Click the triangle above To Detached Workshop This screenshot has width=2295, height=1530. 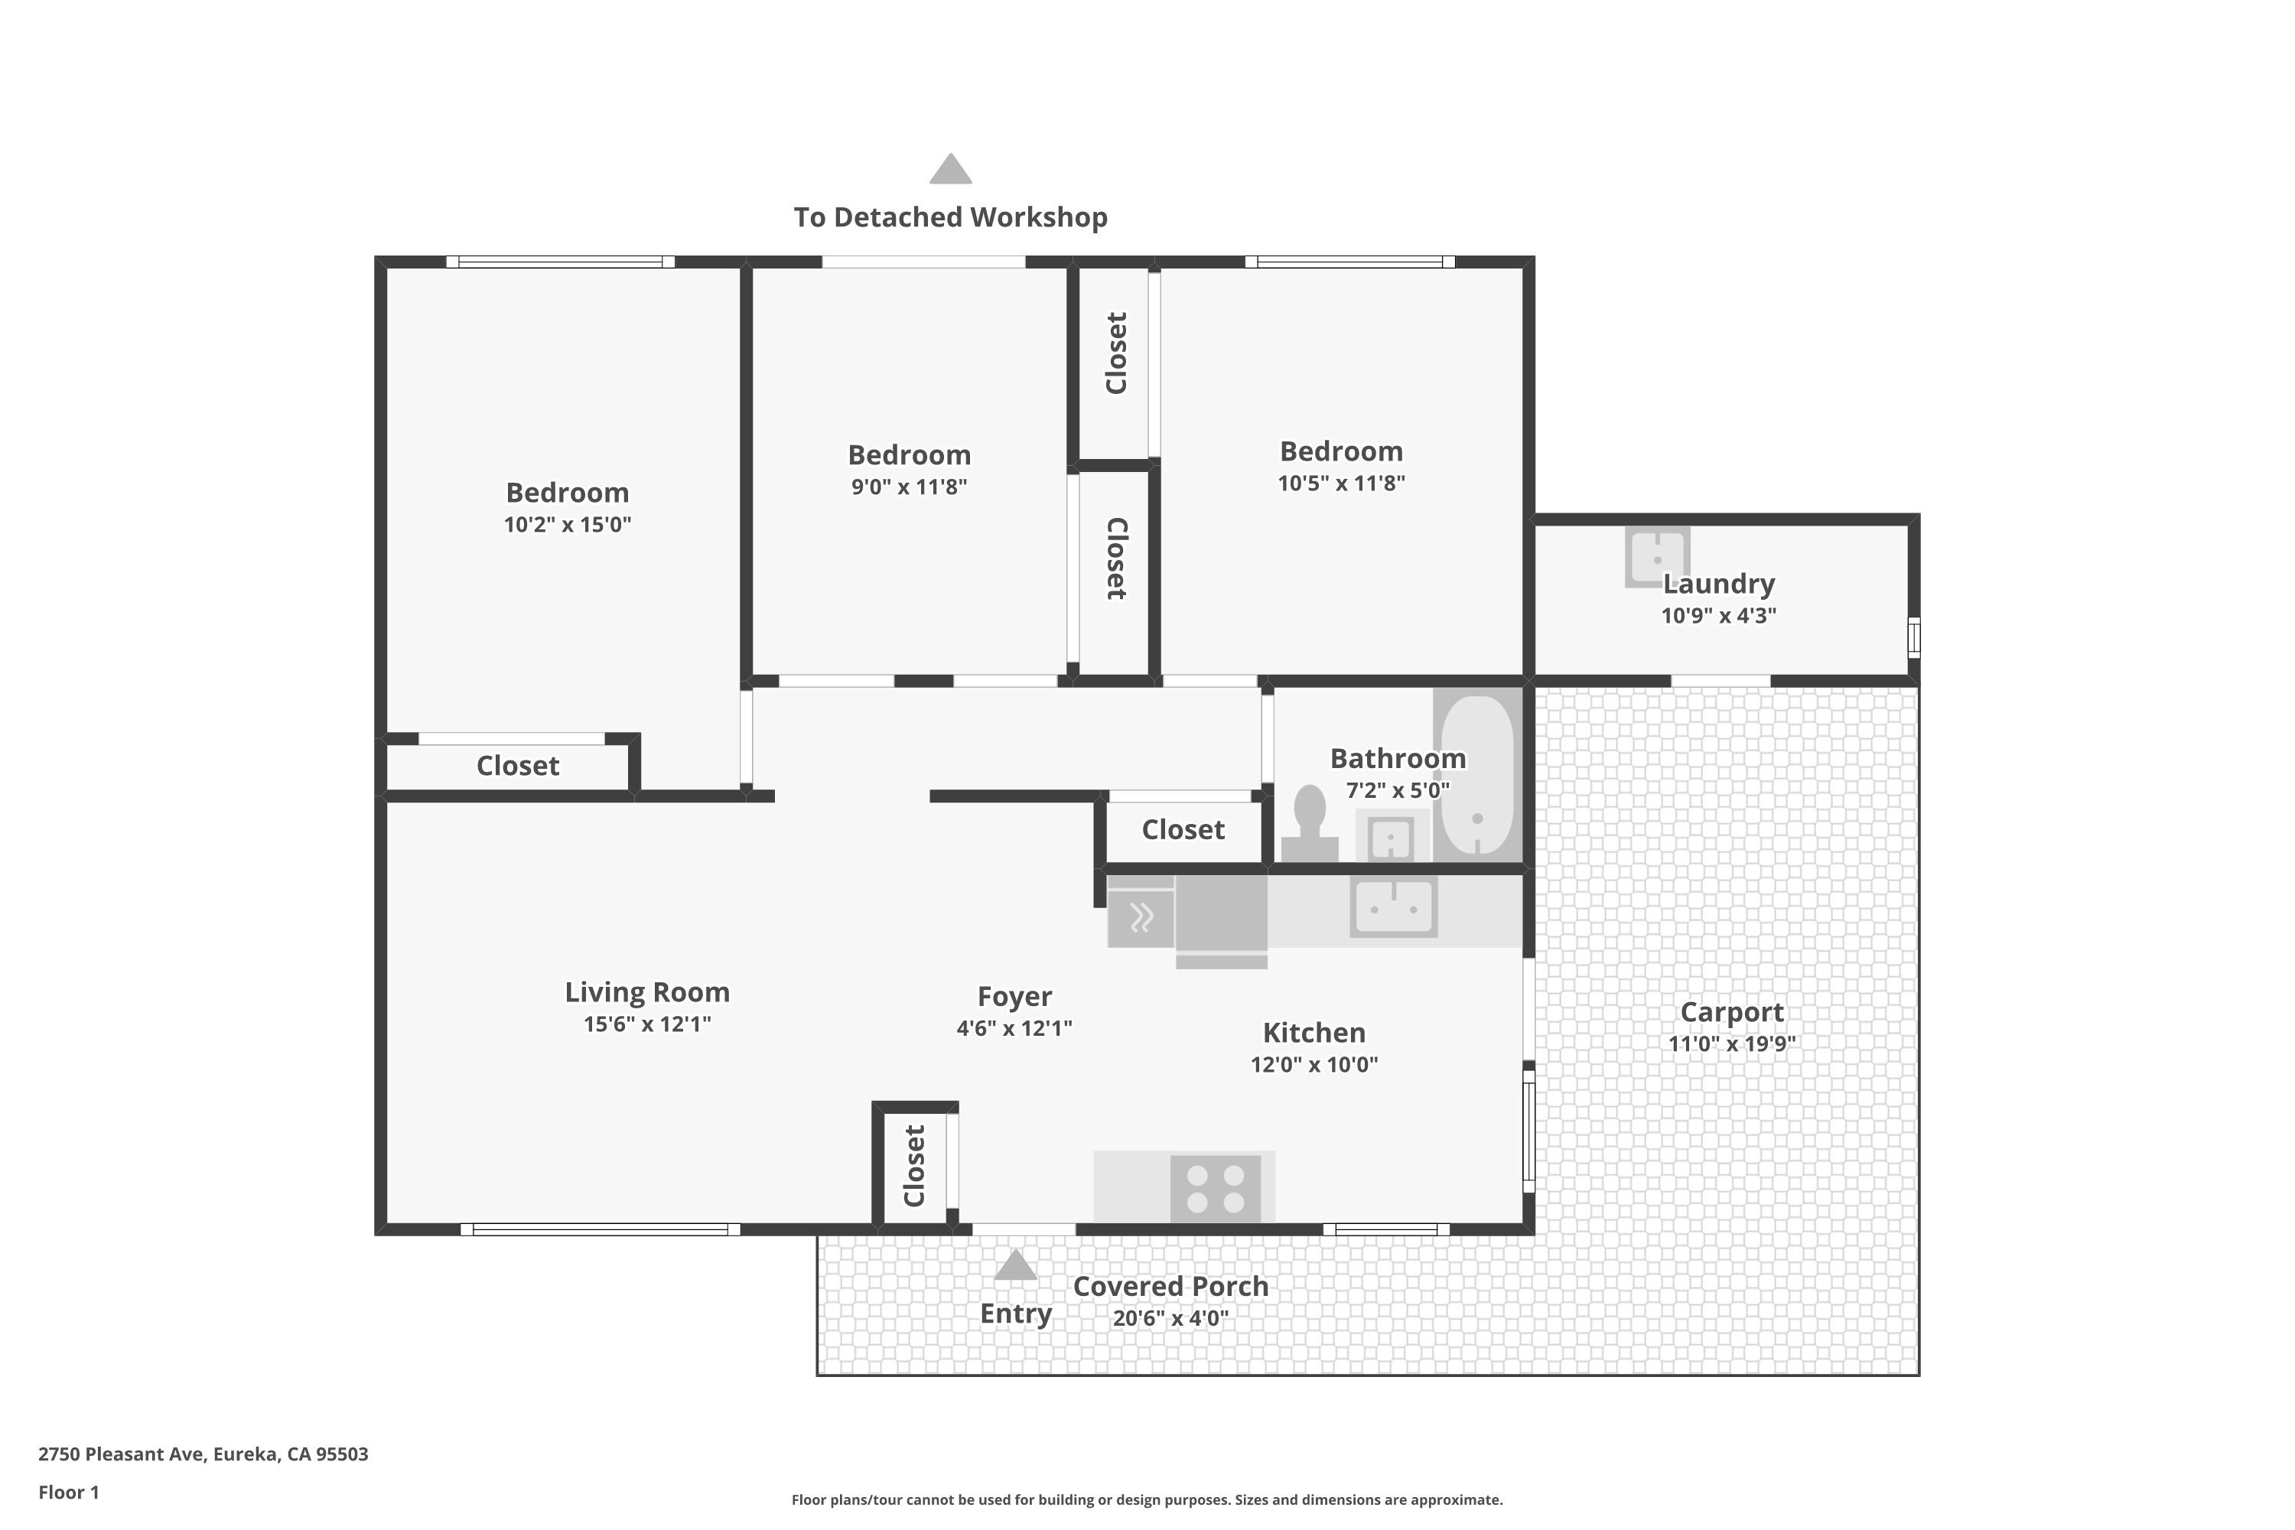(x=950, y=170)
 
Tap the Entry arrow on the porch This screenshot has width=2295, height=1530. (x=1015, y=1265)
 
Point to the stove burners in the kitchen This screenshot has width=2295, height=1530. (x=1216, y=1189)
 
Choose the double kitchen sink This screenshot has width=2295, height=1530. (x=1393, y=907)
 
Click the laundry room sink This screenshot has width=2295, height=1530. (x=1657, y=556)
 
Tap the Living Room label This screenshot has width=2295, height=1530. (x=647, y=992)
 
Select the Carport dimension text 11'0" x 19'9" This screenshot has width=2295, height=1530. (x=1732, y=1044)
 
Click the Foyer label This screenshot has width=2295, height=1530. (x=1015, y=996)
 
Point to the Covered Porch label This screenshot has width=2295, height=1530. (x=1171, y=1286)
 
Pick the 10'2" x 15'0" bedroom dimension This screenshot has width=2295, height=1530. (x=568, y=525)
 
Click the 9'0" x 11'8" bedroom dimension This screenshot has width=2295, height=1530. (x=910, y=487)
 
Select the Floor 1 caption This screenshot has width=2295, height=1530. (x=68, y=1492)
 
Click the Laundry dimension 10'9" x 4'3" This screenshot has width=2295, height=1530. (x=1719, y=616)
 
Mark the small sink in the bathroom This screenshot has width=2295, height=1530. (x=1391, y=837)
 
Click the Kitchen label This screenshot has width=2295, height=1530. (x=1314, y=1032)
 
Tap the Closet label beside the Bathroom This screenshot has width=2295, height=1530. (x=1183, y=829)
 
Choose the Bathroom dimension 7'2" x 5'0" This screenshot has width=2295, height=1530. (x=1398, y=790)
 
